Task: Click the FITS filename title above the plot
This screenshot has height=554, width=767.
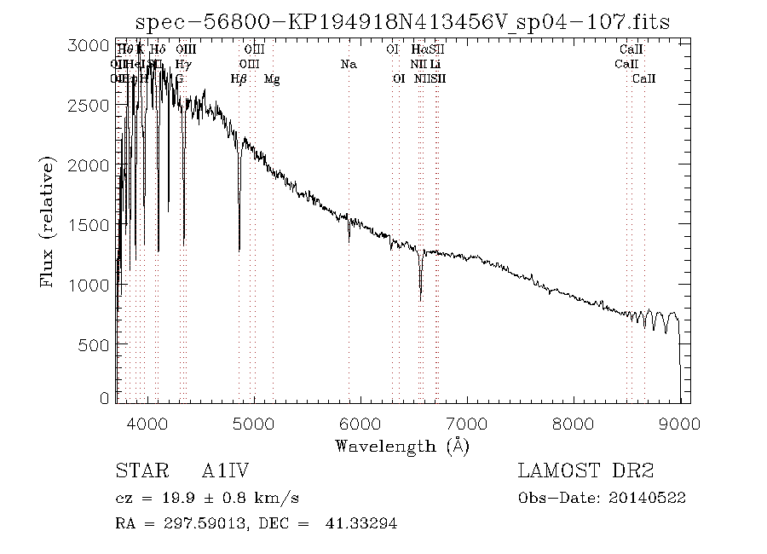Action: tap(403, 22)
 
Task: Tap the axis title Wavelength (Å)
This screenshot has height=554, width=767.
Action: tap(402, 446)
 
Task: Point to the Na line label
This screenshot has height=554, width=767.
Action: tap(348, 64)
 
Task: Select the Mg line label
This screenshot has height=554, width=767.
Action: tap(272, 79)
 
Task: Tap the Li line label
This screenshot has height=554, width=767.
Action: tap(435, 64)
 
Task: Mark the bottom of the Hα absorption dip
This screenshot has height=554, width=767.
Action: tap(420, 298)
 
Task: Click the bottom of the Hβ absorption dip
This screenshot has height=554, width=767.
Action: tap(239, 249)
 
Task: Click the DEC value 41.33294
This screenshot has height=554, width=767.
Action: tap(361, 524)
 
